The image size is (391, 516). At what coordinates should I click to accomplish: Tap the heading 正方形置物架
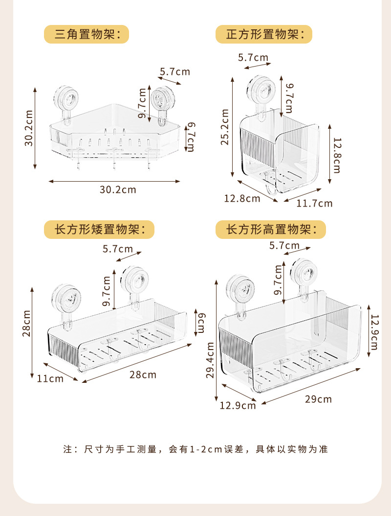point(264,34)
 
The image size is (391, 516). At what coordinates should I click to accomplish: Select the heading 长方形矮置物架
point(99,230)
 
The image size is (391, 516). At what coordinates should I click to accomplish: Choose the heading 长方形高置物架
point(271,229)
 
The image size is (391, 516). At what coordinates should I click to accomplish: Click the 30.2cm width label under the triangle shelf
point(118,189)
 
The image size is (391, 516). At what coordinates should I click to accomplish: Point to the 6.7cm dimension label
point(191,137)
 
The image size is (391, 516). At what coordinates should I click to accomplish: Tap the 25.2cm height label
point(225,127)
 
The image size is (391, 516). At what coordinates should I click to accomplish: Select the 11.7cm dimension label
point(315,203)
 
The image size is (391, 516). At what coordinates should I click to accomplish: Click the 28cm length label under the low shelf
point(143,375)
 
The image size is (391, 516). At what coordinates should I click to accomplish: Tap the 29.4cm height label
point(210,361)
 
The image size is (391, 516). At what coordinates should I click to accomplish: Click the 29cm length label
point(318,399)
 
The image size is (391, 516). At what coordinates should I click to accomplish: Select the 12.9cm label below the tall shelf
point(238,405)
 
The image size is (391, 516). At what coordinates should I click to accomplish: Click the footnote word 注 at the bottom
point(67,448)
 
